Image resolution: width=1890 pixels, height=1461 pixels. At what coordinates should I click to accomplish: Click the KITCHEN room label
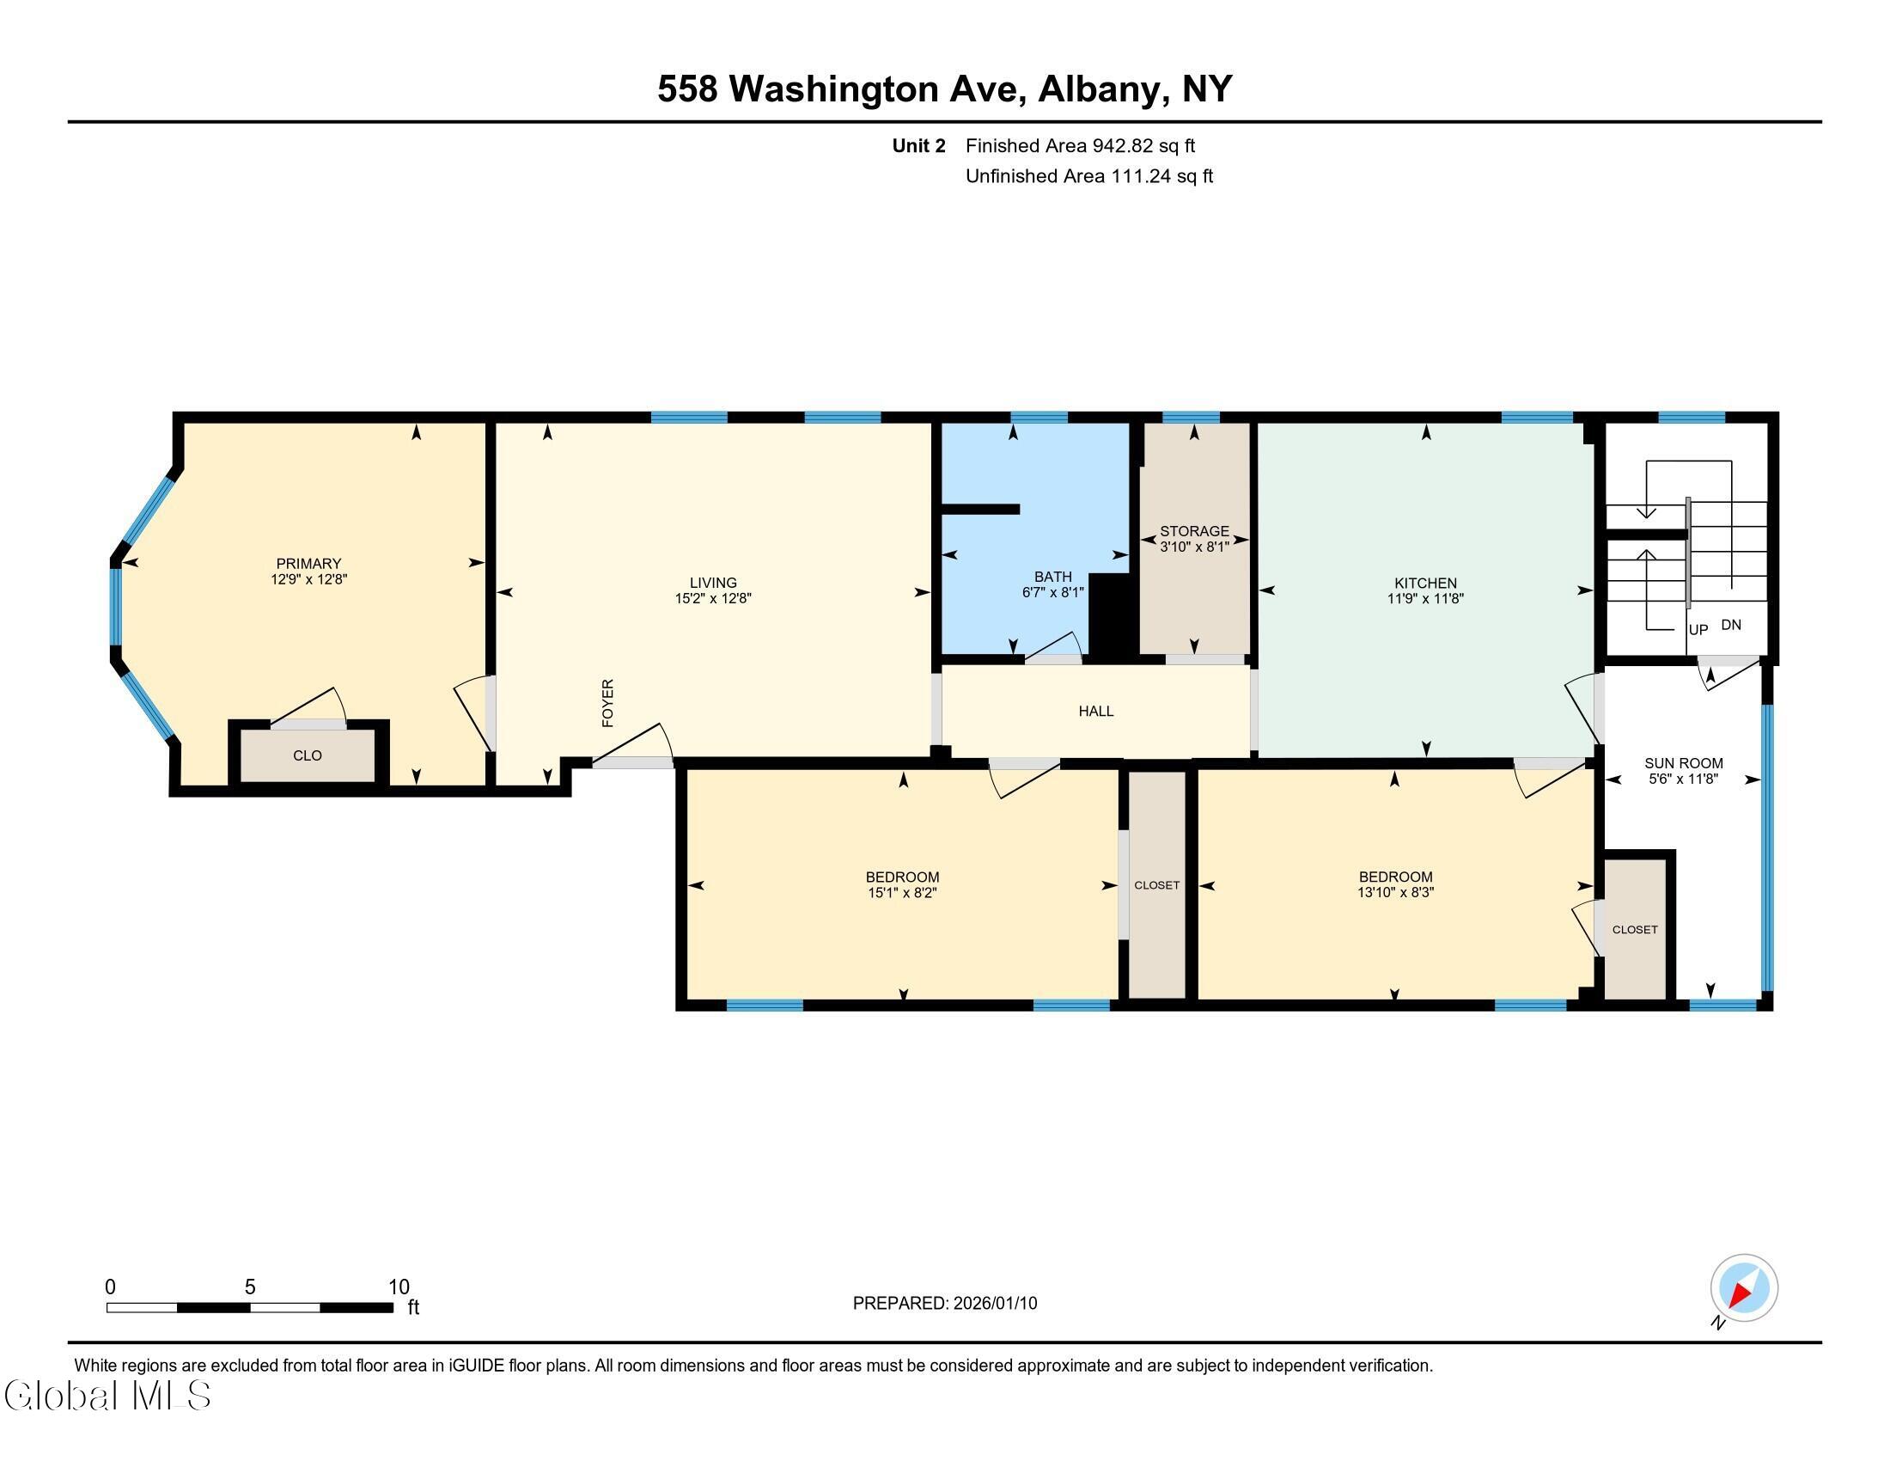[1425, 583]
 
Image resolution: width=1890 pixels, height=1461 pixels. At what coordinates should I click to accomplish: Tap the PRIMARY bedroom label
[309, 564]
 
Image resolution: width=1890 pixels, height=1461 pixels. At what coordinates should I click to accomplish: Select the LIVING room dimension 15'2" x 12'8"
[713, 598]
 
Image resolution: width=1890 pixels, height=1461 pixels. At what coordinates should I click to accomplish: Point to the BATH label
[1053, 577]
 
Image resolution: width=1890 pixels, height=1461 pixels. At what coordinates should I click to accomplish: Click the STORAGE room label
[1194, 531]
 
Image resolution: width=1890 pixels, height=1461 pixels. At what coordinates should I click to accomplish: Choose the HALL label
[1095, 712]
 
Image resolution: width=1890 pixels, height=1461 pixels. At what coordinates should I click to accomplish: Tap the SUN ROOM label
[1684, 763]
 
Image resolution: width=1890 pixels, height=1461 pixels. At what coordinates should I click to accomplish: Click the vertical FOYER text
[607, 703]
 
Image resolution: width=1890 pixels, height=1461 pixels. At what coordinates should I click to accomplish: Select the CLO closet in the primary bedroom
[308, 755]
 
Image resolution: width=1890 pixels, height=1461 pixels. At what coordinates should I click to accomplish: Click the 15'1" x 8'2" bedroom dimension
[903, 892]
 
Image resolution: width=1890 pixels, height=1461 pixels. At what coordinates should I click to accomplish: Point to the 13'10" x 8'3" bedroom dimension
[1396, 892]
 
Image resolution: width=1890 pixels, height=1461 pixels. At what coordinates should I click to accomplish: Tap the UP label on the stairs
[1698, 630]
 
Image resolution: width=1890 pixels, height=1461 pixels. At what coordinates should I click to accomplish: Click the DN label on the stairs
[1732, 625]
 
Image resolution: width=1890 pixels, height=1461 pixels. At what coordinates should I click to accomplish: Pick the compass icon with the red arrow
[1744, 1288]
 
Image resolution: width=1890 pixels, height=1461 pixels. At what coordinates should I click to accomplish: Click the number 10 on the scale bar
[399, 1287]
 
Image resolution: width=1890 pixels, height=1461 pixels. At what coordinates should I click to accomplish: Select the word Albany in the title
[1097, 89]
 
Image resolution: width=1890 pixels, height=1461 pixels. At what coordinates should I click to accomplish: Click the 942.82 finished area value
[1124, 145]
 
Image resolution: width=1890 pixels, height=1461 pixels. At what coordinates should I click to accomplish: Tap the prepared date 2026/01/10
[995, 1304]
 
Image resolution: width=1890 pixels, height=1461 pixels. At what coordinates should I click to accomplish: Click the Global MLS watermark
[108, 1395]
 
